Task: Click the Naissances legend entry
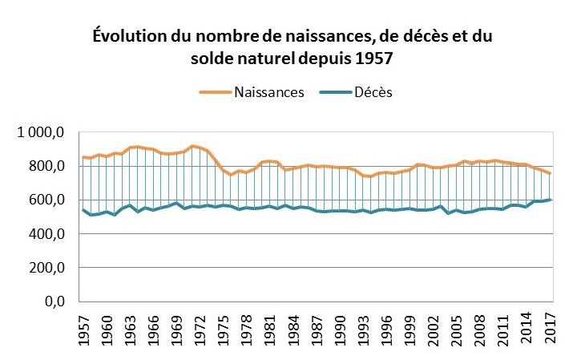(269, 91)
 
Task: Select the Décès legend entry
(374, 91)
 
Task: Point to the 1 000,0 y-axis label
(41, 132)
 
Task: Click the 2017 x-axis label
(551, 331)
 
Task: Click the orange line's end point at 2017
(550, 173)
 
